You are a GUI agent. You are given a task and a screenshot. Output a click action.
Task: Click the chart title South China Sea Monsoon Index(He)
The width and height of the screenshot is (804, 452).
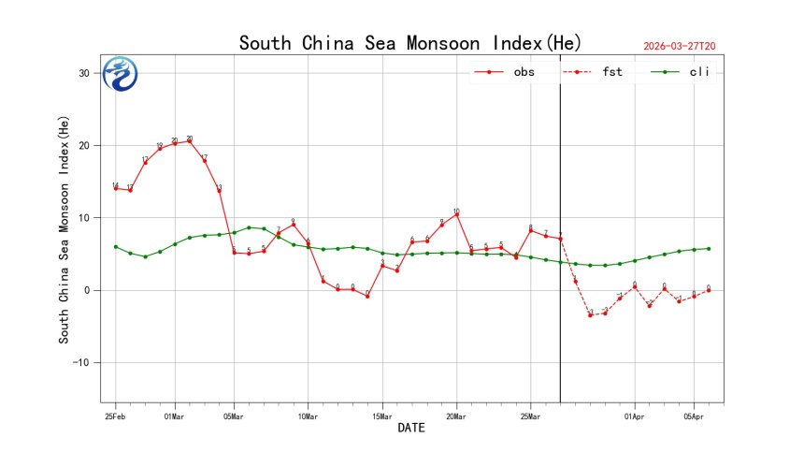point(409,43)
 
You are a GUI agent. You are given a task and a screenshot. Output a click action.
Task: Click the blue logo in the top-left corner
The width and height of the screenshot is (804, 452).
point(120,74)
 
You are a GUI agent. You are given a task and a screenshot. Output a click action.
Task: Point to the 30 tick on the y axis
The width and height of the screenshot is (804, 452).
point(84,73)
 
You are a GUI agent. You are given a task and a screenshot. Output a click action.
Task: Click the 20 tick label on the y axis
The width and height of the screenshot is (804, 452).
point(84,146)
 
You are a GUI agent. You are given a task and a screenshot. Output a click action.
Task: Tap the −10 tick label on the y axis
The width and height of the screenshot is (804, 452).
point(80,363)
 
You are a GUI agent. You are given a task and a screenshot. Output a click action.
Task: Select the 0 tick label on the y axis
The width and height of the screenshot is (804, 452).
point(87,290)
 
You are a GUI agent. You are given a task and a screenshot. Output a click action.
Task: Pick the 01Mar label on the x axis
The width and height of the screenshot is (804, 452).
point(174,415)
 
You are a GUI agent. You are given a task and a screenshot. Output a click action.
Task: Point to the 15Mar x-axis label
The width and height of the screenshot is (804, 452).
point(381,415)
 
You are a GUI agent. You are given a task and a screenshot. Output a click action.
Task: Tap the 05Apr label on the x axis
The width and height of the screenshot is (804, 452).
point(693,415)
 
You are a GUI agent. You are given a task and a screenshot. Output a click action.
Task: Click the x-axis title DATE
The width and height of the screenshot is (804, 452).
point(411,429)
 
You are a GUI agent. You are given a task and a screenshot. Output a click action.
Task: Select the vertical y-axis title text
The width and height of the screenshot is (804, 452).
point(65,235)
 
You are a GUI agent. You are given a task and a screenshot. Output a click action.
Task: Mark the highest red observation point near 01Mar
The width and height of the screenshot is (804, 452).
point(190,141)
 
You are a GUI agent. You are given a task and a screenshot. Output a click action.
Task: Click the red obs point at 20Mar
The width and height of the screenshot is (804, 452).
point(456,214)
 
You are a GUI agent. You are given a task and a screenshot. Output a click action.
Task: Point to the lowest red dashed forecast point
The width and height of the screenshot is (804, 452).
point(590,314)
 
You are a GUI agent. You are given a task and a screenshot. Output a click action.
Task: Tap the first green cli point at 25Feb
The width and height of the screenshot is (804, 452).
point(115,246)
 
